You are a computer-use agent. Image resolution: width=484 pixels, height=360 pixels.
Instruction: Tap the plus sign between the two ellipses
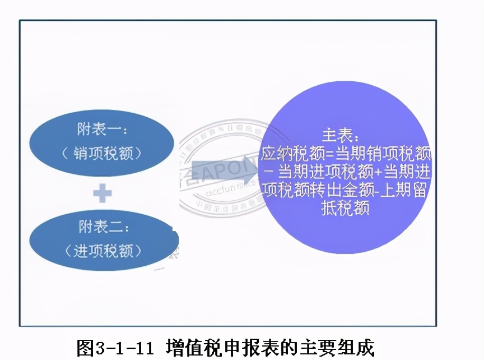click(102, 193)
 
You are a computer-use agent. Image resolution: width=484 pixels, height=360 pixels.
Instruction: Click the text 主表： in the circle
click(341, 136)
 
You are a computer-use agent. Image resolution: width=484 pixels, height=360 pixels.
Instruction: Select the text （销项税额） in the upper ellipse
click(103, 153)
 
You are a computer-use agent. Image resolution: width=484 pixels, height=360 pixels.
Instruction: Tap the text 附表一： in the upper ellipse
click(103, 130)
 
